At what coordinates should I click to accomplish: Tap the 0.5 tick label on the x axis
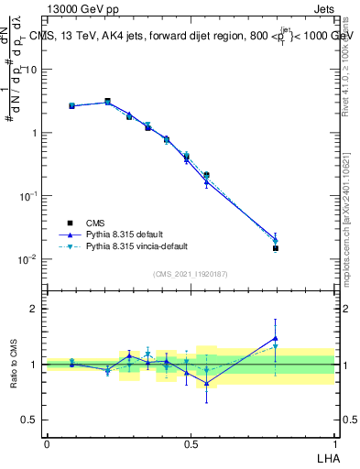[x=190, y=442]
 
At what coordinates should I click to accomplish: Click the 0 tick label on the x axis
[x=47, y=442]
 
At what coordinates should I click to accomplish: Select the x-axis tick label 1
[x=333, y=442]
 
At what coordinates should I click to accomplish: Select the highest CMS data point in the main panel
[x=107, y=102]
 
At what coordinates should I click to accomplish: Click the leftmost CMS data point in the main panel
[x=71, y=106]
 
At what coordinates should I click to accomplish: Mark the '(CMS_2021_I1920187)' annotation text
[x=191, y=273]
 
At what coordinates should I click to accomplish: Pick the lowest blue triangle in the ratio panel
[x=206, y=384]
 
